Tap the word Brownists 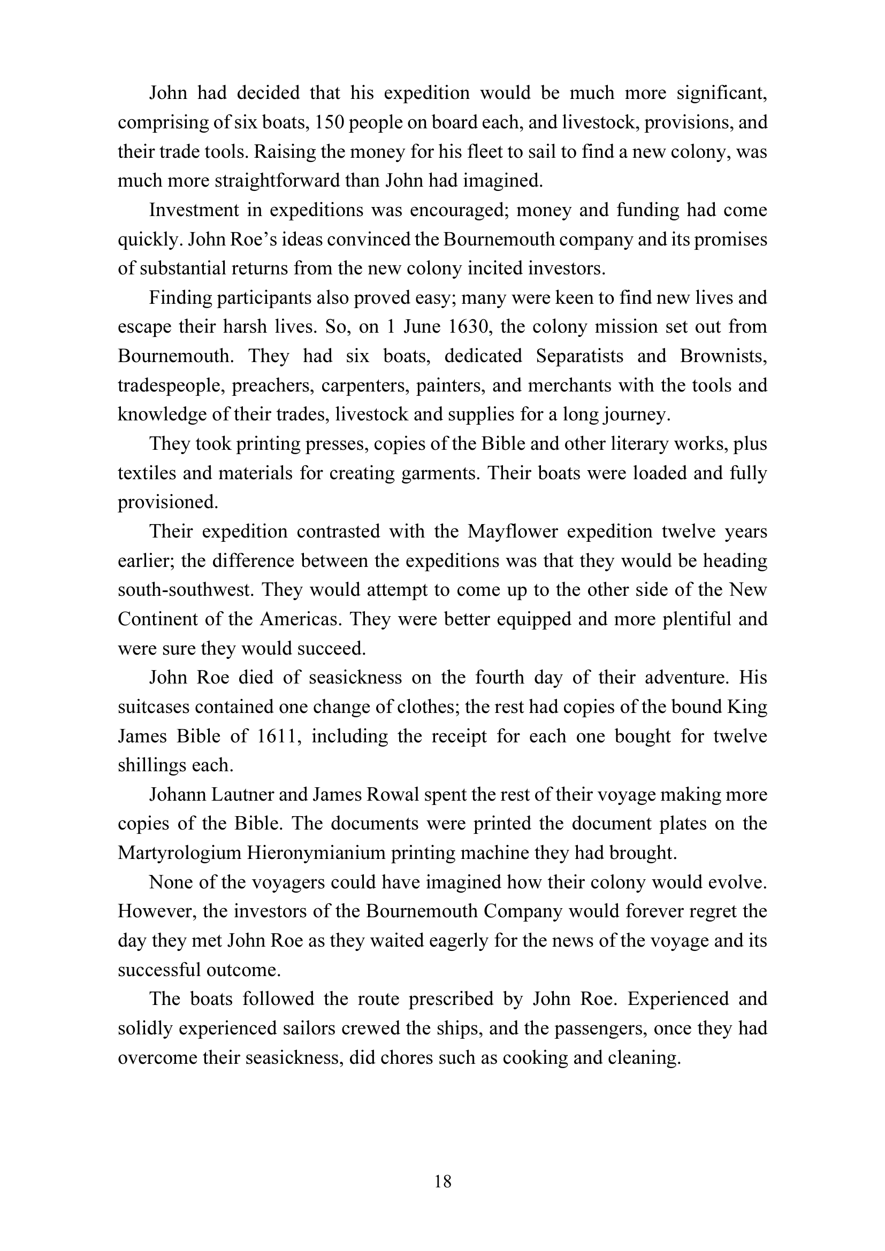click(x=723, y=356)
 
